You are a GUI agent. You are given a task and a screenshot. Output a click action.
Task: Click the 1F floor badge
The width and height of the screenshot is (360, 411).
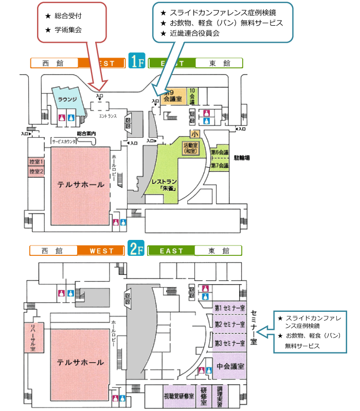pyautogui.click(x=136, y=63)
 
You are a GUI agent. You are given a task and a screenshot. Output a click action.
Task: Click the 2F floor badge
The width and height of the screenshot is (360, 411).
pyautogui.click(x=136, y=250)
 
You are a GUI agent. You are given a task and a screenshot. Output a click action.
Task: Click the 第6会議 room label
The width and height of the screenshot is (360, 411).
pyautogui.click(x=220, y=153)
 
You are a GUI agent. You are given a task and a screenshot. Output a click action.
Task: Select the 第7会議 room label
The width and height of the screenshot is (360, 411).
pyautogui.click(x=220, y=165)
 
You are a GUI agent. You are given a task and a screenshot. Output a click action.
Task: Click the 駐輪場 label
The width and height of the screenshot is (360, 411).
pyautogui.click(x=242, y=157)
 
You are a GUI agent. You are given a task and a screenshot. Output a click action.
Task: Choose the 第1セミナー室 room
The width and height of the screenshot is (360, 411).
pyautogui.click(x=230, y=308)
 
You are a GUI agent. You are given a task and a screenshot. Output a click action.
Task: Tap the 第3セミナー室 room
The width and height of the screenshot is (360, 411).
pyautogui.click(x=230, y=343)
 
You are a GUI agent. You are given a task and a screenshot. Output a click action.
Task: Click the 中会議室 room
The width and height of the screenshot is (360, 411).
pyautogui.click(x=230, y=366)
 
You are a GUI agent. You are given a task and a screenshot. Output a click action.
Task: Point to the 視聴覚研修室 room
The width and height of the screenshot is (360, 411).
pyautogui.click(x=178, y=397)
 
